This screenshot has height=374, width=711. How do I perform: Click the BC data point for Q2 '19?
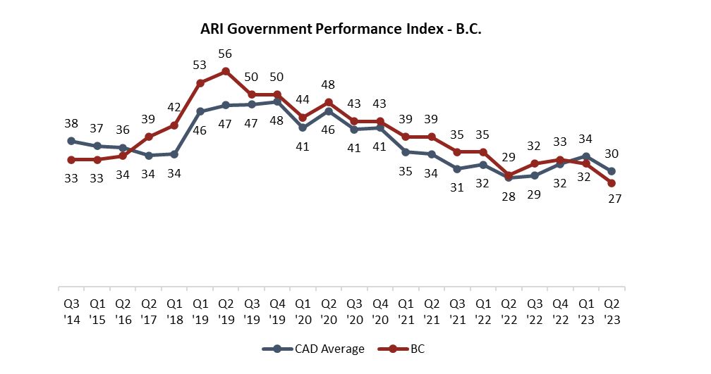[x=226, y=71]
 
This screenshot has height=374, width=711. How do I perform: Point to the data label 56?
[x=226, y=54]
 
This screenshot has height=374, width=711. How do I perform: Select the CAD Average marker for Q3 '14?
[x=71, y=141]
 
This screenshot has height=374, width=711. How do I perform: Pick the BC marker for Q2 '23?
[x=612, y=183]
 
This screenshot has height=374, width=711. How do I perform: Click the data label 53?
[x=200, y=66]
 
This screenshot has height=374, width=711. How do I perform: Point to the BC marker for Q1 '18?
[x=174, y=125]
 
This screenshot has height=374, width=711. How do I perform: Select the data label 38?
[x=71, y=123]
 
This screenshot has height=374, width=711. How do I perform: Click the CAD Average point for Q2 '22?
[x=509, y=178]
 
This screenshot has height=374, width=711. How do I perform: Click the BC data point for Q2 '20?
[x=329, y=102]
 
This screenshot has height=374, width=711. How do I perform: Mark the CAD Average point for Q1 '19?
[x=200, y=111]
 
